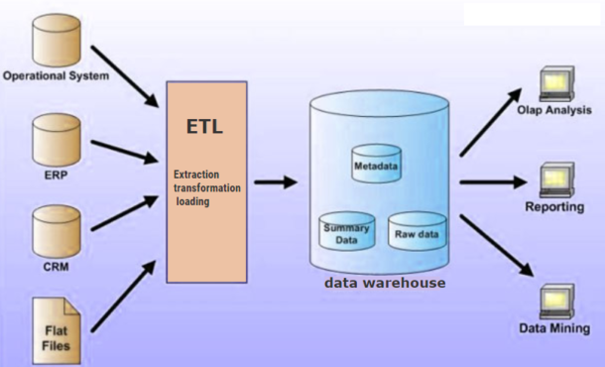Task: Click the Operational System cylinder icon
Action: coord(54,41)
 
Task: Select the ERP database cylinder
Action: coord(54,139)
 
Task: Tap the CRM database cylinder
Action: coord(54,229)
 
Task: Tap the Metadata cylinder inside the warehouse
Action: coord(376,165)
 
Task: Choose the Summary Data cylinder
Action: coord(345,232)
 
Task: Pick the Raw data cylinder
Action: coord(417,231)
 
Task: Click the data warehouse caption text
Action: coord(385,284)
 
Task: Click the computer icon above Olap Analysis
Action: coord(552,83)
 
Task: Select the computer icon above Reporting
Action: coord(552,180)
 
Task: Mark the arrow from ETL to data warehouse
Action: coord(275,182)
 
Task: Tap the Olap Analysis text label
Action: coord(554,110)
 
